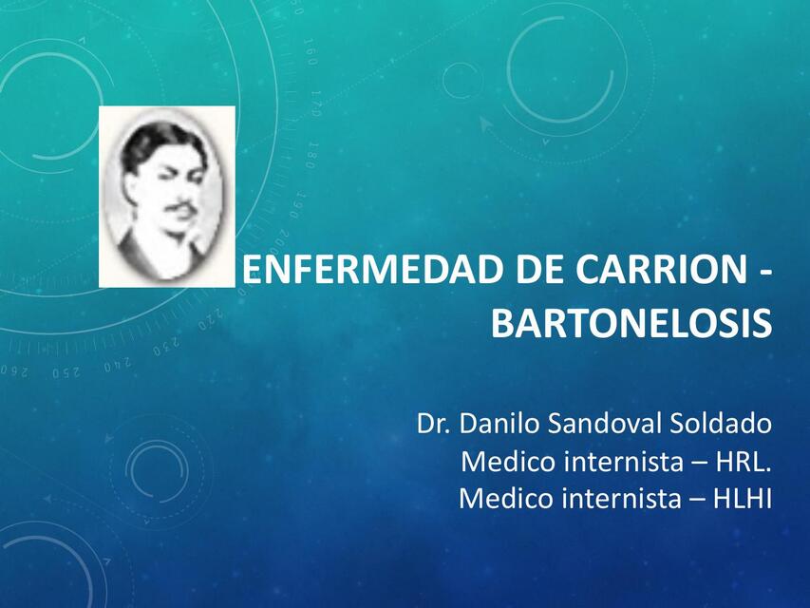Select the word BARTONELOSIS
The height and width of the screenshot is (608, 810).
(631, 324)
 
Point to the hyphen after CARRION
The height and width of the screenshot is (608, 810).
(764, 274)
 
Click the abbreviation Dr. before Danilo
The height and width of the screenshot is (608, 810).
(433, 423)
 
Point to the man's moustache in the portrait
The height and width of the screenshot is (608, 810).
(183, 208)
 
